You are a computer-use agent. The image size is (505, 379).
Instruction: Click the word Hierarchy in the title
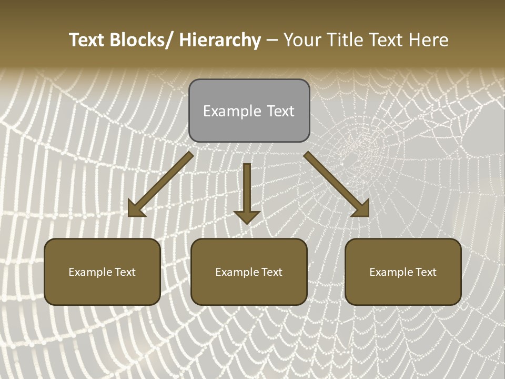(x=220, y=40)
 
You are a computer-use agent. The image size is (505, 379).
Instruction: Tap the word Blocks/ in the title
(x=140, y=40)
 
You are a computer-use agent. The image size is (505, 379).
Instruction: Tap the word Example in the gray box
(x=232, y=111)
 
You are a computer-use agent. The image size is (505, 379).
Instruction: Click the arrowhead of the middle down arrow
(x=247, y=217)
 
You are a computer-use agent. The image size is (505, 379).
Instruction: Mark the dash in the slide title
(x=272, y=41)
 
